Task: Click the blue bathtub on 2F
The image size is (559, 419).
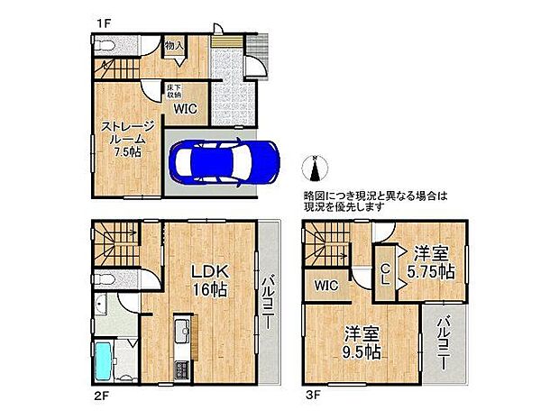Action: [x=104, y=361]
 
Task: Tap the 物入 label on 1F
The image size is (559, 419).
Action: [x=174, y=45]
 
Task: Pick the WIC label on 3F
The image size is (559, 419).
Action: [x=326, y=286]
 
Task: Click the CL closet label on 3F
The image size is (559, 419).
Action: [x=384, y=272]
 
